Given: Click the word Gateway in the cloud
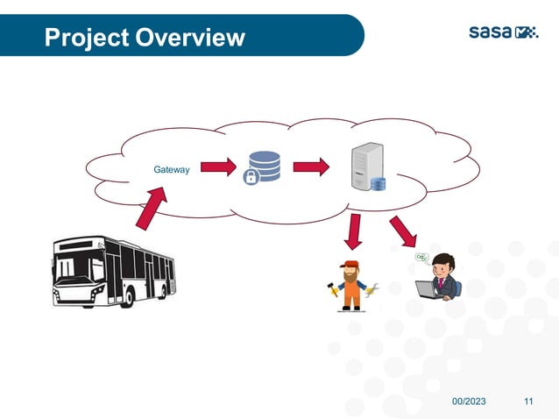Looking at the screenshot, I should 171,169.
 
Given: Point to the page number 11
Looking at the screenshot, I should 528,401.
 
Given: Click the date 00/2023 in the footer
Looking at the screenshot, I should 470,401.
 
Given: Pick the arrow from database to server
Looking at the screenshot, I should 311,166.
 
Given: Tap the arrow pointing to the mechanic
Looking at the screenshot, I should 354,230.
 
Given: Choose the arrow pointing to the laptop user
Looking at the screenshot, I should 404,231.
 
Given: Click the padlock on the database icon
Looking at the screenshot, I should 251,178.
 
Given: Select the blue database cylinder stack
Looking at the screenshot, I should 265,164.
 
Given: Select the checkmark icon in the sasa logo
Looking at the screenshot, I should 527,33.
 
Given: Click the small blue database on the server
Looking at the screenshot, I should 379,184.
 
